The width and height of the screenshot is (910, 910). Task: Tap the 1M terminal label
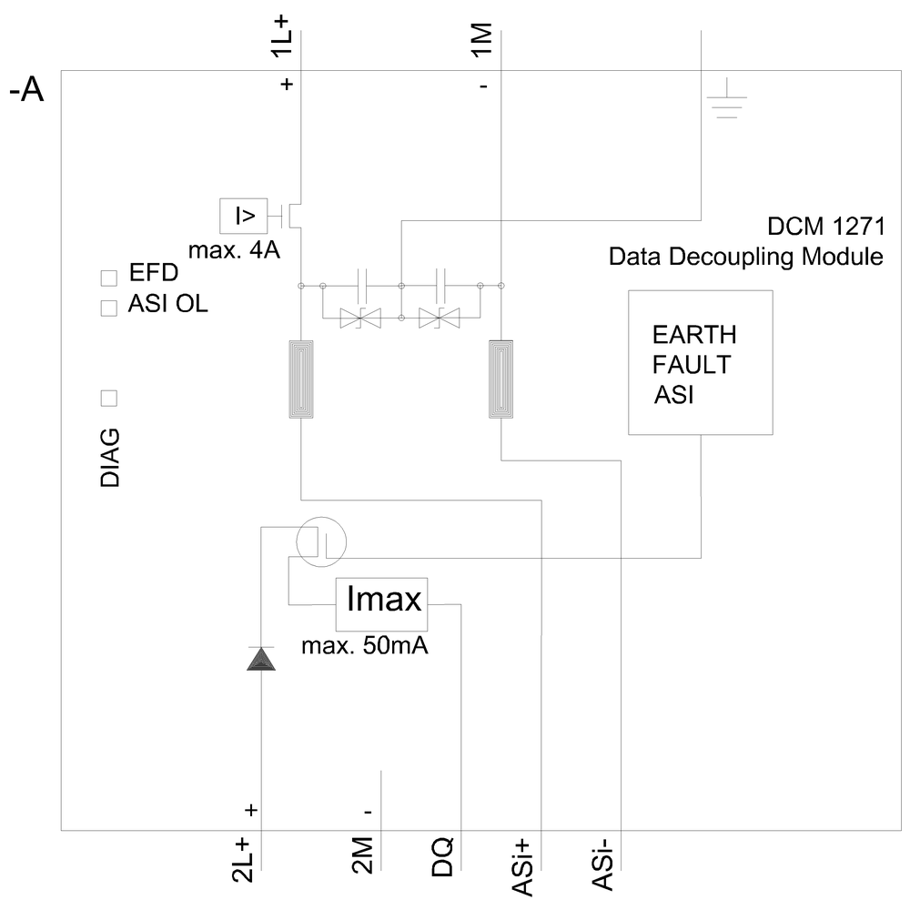[x=482, y=42]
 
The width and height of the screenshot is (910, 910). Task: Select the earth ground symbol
[x=726, y=108]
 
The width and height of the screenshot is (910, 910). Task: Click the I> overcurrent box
[x=245, y=216]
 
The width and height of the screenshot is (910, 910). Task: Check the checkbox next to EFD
[x=109, y=278]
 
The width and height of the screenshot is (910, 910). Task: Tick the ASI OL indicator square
[x=109, y=308]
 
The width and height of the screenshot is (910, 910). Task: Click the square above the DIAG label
[x=109, y=398]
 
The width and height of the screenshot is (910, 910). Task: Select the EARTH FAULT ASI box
[x=700, y=362]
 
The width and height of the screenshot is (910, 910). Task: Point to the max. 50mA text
[x=365, y=648]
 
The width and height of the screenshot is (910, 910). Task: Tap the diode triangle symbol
[x=261, y=659]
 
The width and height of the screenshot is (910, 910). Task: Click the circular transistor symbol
[x=320, y=543]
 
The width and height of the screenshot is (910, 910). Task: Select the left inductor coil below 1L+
[x=301, y=379]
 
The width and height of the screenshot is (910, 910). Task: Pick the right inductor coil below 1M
[x=501, y=379]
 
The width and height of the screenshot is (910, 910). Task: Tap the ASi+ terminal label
[x=522, y=867]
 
